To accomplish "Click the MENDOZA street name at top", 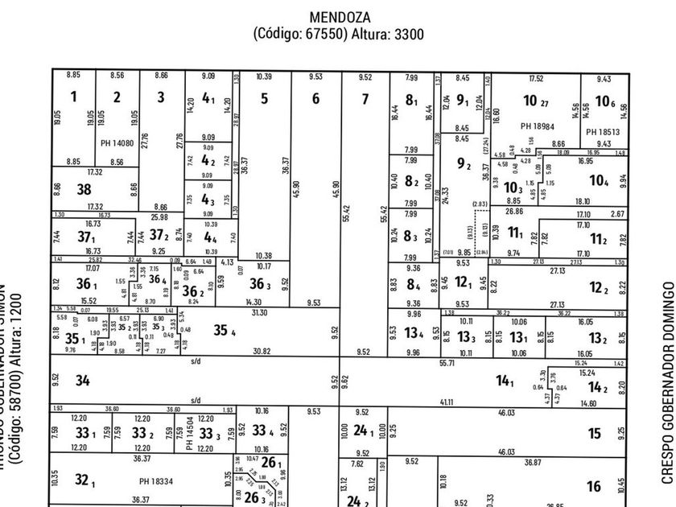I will (338, 16).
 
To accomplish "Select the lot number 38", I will (84, 190).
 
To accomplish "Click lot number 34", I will (83, 381).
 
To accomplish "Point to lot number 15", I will (594, 434).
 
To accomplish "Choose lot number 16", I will (594, 486).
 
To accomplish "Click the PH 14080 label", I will (116, 143).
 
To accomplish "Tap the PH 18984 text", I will (538, 126).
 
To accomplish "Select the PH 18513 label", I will (603, 132).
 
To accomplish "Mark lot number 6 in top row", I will (315, 99).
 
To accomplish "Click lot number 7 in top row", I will (365, 99).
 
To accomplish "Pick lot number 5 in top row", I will (264, 99).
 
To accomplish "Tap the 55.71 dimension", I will (447, 363).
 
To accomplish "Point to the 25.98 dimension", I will (159, 217).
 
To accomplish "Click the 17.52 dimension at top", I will (536, 78).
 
